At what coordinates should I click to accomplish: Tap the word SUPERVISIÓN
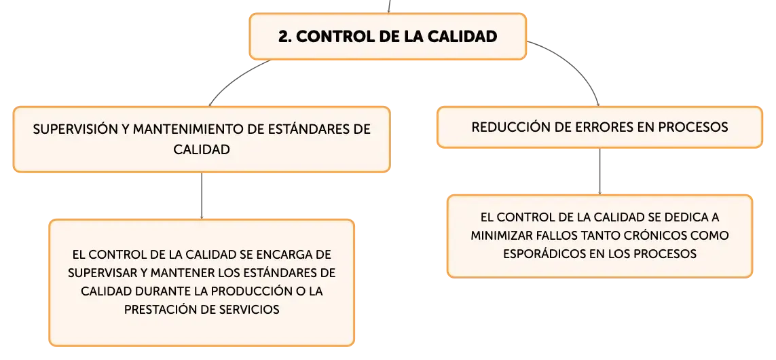pyautogui.click(x=75, y=129)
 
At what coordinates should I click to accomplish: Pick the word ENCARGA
pyautogui.click(x=287, y=255)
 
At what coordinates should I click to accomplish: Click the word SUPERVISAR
pyautogui.click(x=101, y=273)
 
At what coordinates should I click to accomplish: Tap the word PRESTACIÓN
pyautogui.click(x=156, y=310)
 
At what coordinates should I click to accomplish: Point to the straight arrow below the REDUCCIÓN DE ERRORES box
pyautogui.click(x=599, y=171)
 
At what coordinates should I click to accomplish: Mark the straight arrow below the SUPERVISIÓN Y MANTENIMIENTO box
pyautogui.click(x=202, y=196)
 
